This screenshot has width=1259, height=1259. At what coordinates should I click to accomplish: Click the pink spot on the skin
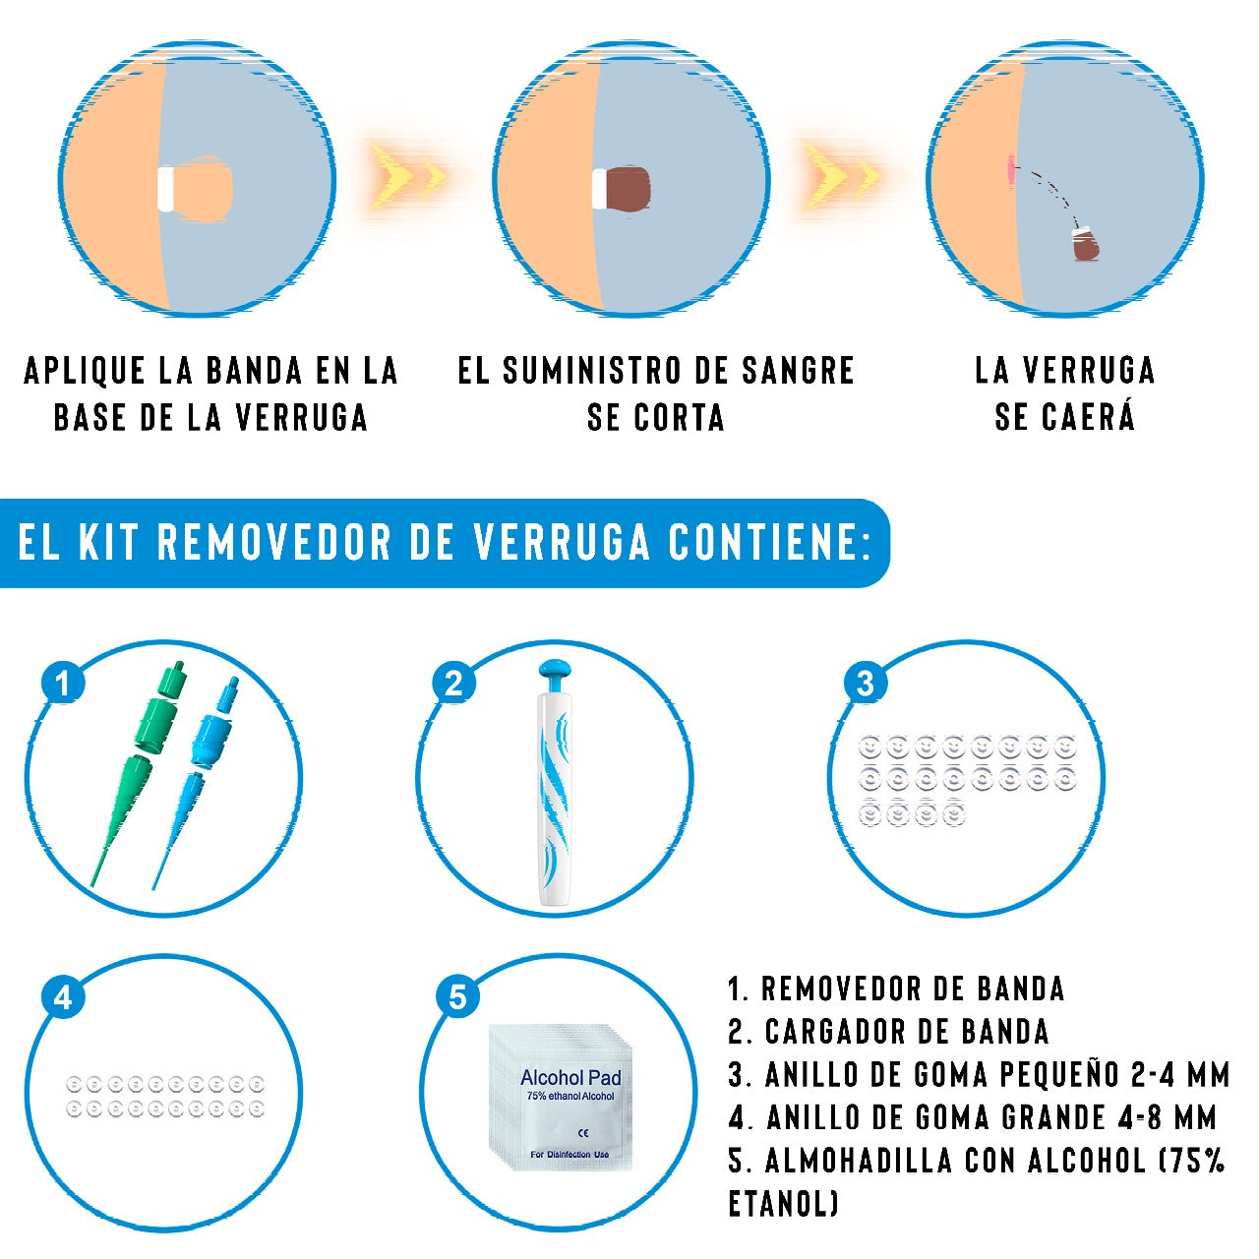tap(1010, 171)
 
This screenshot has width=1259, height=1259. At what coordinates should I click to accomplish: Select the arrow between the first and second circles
tap(408, 177)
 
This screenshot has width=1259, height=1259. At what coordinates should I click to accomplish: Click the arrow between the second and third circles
tap(844, 177)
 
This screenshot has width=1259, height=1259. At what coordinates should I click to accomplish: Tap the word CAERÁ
tap(1087, 417)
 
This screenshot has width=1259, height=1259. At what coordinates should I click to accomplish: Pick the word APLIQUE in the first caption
tap(85, 371)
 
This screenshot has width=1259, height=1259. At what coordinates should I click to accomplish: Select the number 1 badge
tap(63, 683)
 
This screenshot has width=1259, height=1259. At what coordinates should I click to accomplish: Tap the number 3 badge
tap(866, 683)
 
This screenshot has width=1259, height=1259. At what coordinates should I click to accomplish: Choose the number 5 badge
tap(457, 997)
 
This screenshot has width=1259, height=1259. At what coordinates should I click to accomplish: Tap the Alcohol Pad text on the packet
tap(570, 1078)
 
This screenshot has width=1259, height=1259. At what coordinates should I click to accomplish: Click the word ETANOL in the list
tap(782, 1203)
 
